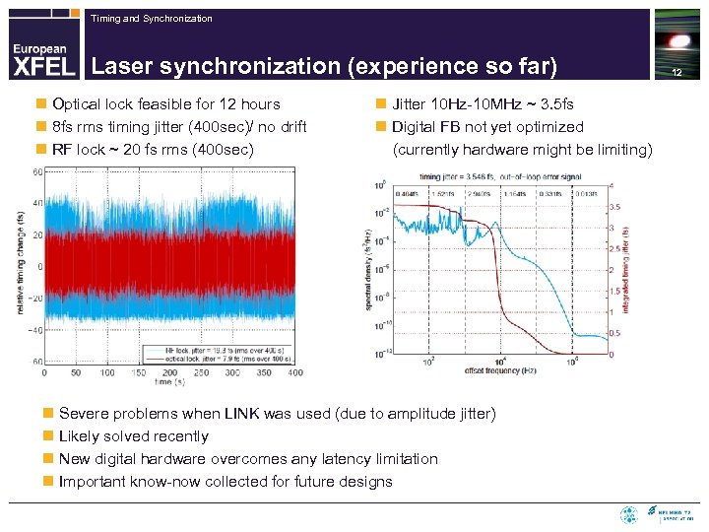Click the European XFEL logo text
click(x=40, y=59)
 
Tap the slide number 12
click(x=677, y=72)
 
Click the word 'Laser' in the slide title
click(x=121, y=67)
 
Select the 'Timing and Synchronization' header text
click(x=151, y=19)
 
